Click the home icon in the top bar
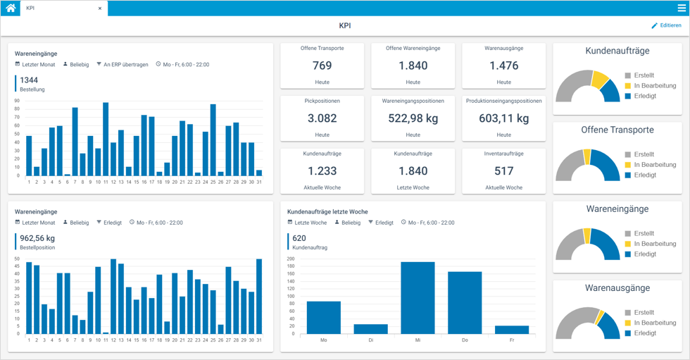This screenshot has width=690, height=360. (x=11, y=8)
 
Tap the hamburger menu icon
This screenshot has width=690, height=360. (x=682, y=8)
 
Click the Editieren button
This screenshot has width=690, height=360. (x=666, y=25)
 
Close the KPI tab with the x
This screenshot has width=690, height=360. (x=100, y=8)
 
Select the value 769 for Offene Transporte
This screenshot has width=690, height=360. (x=322, y=66)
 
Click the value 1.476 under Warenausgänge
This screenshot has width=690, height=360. (x=503, y=66)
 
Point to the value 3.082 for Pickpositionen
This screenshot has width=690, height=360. (x=322, y=118)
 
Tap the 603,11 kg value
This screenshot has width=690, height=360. (x=503, y=118)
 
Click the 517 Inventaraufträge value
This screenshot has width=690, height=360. (x=503, y=170)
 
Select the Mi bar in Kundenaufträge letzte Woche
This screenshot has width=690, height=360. (x=418, y=297)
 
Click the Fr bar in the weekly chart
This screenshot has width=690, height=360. (x=512, y=330)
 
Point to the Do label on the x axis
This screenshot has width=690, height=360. (x=465, y=340)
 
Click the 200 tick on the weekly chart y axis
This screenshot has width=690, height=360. (x=291, y=259)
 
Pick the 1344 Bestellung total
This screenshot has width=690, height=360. (x=30, y=80)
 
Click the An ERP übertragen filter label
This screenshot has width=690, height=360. (x=126, y=64)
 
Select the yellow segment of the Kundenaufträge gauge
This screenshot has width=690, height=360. (x=600, y=78)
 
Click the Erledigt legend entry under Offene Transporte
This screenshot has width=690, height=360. (x=644, y=175)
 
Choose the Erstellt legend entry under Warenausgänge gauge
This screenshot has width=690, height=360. (x=644, y=312)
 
